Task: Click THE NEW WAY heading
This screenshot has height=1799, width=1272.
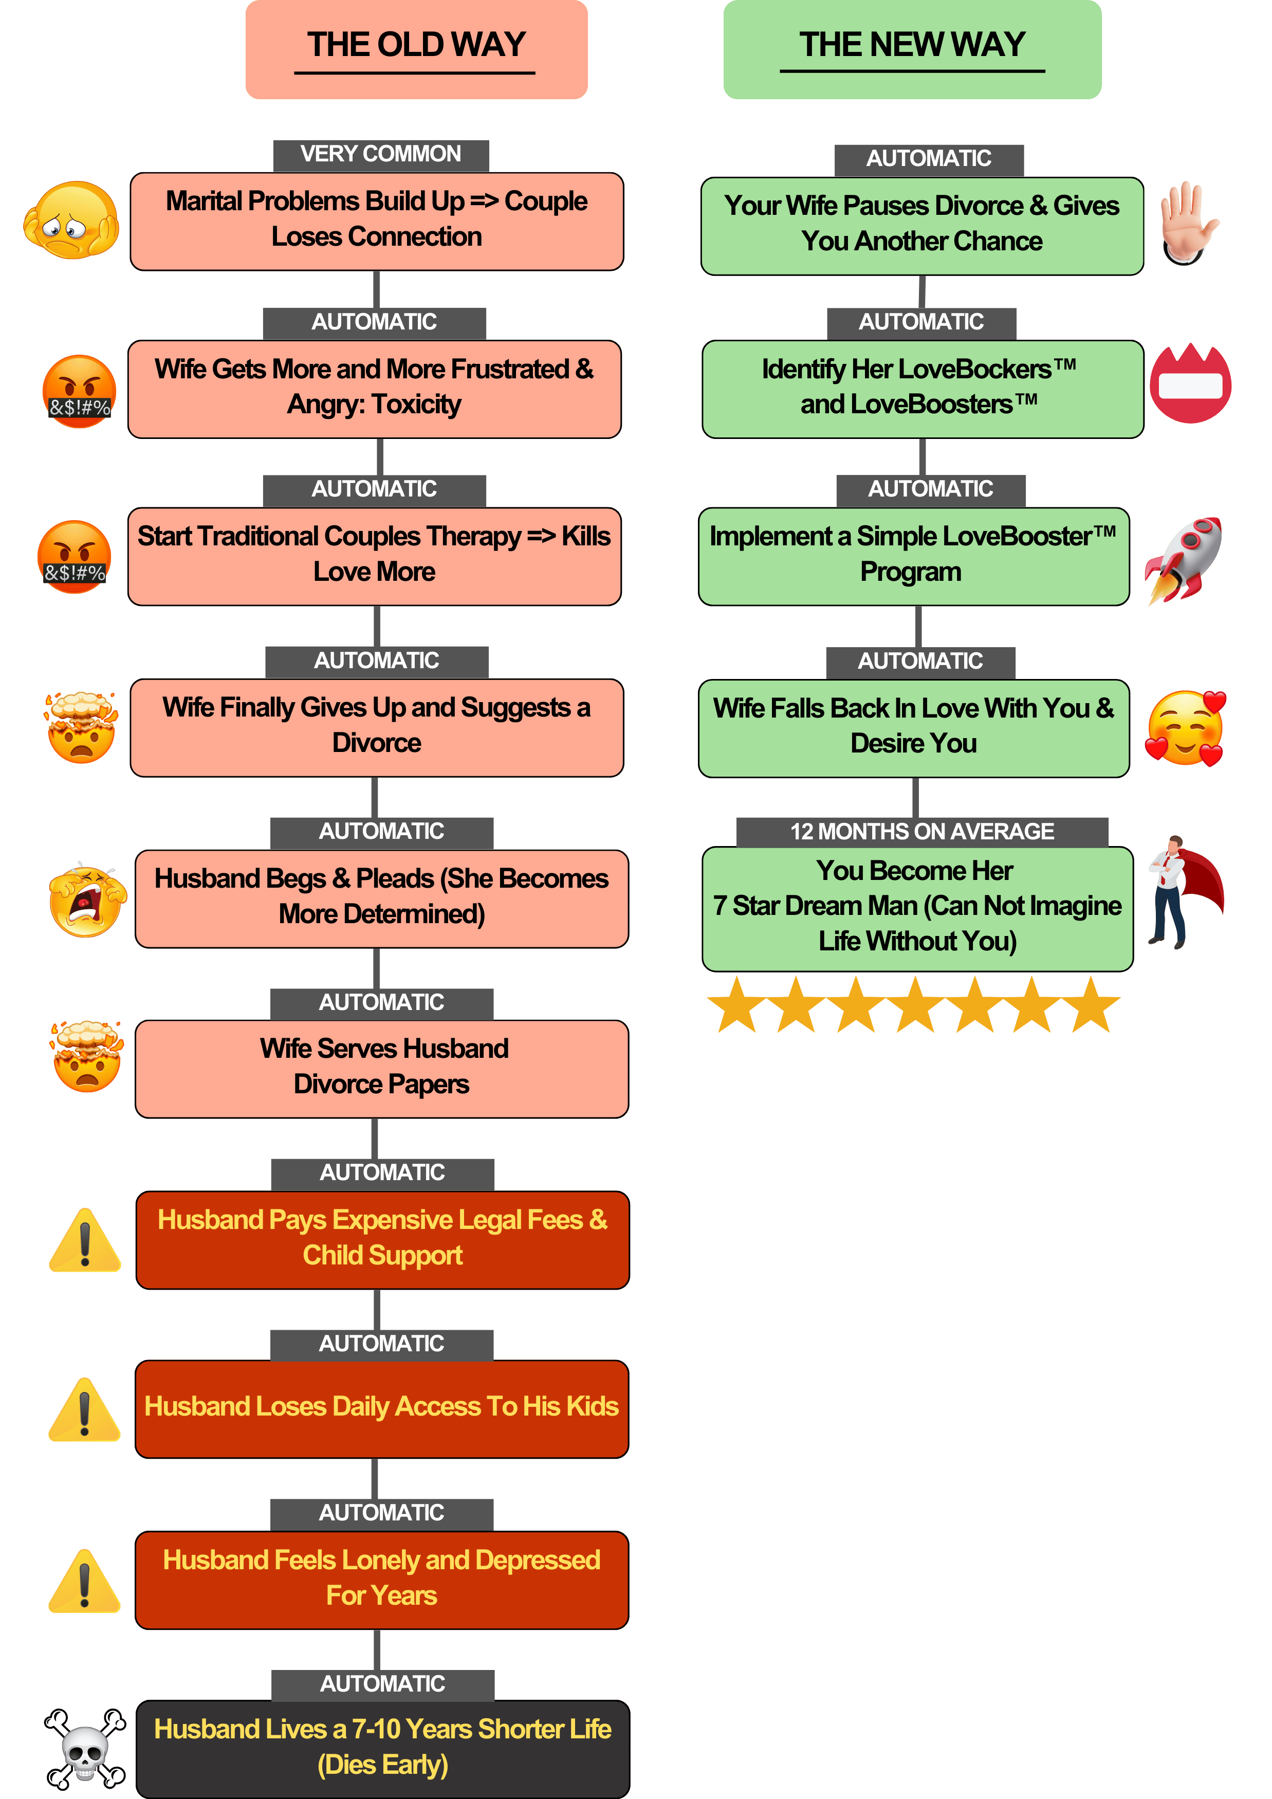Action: [x=912, y=45]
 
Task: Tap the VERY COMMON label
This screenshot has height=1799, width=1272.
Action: [x=381, y=154]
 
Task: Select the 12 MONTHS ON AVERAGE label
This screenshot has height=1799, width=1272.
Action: [x=922, y=831]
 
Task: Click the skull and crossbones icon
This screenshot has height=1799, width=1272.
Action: [x=85, y=1749]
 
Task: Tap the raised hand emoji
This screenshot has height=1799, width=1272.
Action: [x=1189, y=223]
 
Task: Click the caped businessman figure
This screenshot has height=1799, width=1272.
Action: [x=1184, y=892]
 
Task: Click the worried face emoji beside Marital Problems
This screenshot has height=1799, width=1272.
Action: [x=71, y=221]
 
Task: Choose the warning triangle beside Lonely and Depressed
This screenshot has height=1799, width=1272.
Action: [x=85, y=1581]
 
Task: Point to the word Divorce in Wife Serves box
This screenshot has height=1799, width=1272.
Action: [x=338, y=1085]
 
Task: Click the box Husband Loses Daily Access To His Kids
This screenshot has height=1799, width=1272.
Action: [x=382, y=1409]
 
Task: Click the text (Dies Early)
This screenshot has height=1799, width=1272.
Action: [x=383, y=1765]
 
